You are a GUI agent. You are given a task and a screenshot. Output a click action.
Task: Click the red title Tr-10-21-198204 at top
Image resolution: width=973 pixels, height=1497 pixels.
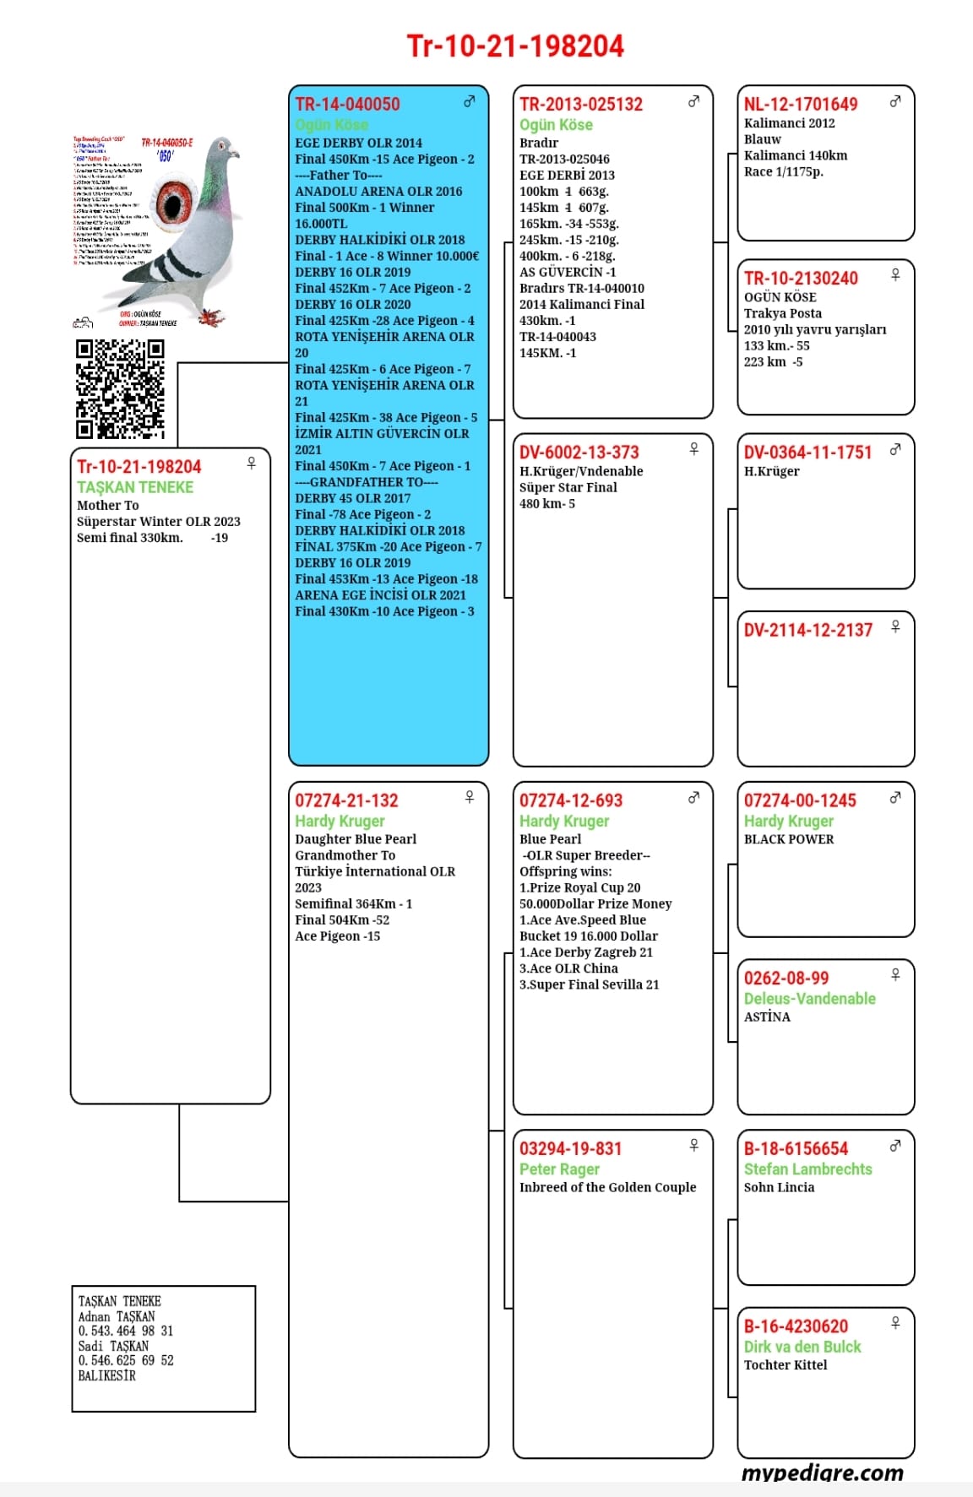tap(515, 46)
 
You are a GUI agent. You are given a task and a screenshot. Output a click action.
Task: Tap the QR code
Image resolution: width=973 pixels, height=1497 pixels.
tap(120, 389)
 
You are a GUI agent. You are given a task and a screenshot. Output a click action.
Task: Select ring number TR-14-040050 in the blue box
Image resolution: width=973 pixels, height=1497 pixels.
tap(347, 105)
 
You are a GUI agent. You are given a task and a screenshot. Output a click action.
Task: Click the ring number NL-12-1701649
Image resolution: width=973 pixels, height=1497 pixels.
tap(800, 105)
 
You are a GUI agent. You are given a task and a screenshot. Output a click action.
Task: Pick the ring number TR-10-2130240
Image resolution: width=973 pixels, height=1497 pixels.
tap(800, 279)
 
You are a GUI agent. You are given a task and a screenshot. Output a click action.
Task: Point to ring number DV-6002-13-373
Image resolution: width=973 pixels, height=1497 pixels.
tap(579, 453)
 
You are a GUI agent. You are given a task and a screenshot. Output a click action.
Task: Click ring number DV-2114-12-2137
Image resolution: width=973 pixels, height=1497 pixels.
tap(807, 630)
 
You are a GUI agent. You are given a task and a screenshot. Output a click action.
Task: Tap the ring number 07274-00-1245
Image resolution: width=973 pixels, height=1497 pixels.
tap(799, 800)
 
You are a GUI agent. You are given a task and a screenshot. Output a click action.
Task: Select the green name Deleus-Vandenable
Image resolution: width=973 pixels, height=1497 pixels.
tap(809, 999)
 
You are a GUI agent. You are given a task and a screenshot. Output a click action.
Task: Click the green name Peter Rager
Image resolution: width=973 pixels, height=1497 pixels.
tap(559, 1169)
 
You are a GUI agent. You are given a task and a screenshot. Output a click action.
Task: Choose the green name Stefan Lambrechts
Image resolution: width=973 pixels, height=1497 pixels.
tap(807, 1169)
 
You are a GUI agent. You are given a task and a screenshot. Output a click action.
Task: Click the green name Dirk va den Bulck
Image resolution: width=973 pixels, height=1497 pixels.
tap(802, 1347)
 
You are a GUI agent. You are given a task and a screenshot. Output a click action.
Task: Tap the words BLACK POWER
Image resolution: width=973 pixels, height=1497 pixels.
tap(788, 839)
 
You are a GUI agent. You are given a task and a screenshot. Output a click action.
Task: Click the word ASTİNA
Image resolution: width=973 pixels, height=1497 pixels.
tap(767, 1017)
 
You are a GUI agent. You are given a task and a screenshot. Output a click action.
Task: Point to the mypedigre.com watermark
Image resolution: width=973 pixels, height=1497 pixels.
tap(822, 1473)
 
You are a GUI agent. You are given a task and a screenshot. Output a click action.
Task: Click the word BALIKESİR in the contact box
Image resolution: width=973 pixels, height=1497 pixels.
tap(107, 1375)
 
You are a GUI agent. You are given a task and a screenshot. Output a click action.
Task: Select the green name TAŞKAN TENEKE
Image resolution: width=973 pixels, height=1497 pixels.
tap(135, 487)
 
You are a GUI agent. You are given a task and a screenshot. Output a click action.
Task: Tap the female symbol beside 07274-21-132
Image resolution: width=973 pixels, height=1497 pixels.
tap(470, 797)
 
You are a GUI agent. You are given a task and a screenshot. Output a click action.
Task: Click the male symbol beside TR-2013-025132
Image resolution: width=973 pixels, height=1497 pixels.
tap(693, 101)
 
